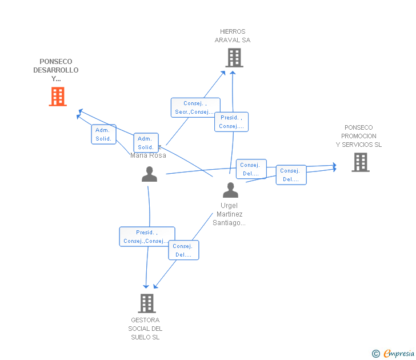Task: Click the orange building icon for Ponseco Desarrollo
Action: (58, 97)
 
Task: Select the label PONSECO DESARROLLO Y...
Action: (56, 70)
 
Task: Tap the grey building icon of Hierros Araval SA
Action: (234, 58)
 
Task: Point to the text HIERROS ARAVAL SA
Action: (233, 36)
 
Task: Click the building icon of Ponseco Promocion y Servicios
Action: (360, 162)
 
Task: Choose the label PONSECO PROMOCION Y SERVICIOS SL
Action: (359, 136)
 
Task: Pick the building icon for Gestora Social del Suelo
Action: (147, 303)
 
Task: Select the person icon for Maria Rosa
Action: (149, 174)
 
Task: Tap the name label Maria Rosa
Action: (149, 155)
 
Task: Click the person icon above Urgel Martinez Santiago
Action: (230, 190)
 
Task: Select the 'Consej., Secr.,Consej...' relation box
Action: (195, 107)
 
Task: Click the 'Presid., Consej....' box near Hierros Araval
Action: (231, 122)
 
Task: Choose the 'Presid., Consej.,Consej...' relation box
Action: (147, 237)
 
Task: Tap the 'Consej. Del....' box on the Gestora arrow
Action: (183, 250)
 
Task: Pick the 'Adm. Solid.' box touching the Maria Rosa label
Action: (146, 143)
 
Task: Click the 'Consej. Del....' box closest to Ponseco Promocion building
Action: (291, 175)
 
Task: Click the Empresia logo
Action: (398, 353)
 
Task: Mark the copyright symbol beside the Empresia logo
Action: (376, 354)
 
